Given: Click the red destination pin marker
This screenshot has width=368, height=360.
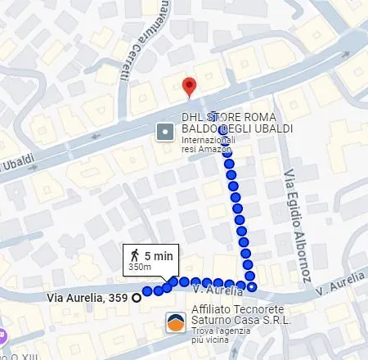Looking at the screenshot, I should (x=189, y=85).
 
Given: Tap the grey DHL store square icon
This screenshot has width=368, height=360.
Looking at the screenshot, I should (x=164, y=131).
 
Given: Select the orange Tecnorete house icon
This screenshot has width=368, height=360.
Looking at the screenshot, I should (x=174, y=322).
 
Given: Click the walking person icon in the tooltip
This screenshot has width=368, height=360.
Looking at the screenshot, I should (x=134, y=256).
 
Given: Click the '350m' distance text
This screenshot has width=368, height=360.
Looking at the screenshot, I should (x=140, y=268).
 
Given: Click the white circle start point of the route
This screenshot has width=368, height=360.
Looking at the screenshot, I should (x=137, y=297).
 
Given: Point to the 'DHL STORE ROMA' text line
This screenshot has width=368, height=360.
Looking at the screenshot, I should (x=224, y=117).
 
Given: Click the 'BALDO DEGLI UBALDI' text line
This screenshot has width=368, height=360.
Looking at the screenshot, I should (x=236, y=129).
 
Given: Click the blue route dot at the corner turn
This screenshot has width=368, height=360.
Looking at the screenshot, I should (x=252, y=286).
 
